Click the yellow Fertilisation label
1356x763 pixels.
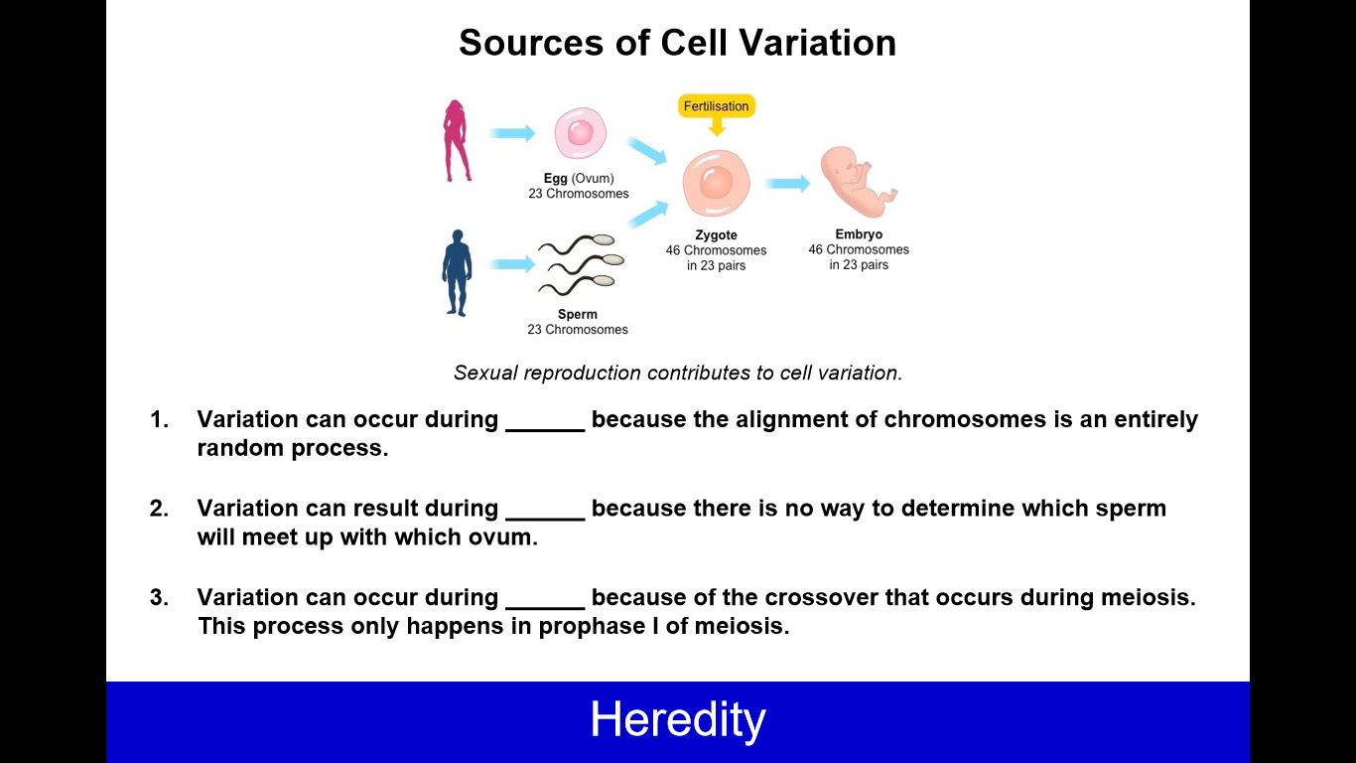716,106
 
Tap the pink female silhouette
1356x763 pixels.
457,141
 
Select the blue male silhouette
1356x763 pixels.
457,273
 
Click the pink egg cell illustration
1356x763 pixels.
580,133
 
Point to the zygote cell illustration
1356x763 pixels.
716,183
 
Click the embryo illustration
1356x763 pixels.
858,182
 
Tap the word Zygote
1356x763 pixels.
716,235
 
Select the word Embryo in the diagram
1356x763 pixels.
859,234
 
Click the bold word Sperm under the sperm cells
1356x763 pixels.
578,314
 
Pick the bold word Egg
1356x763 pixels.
555,179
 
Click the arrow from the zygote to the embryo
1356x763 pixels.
787,183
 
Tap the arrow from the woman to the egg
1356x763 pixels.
512,133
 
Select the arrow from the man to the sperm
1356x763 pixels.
512,264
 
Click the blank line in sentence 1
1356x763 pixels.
545,430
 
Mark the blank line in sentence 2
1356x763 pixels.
545,520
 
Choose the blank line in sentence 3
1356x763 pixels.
545,608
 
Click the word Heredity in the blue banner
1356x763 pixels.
678,719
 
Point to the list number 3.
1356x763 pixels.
159,597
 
